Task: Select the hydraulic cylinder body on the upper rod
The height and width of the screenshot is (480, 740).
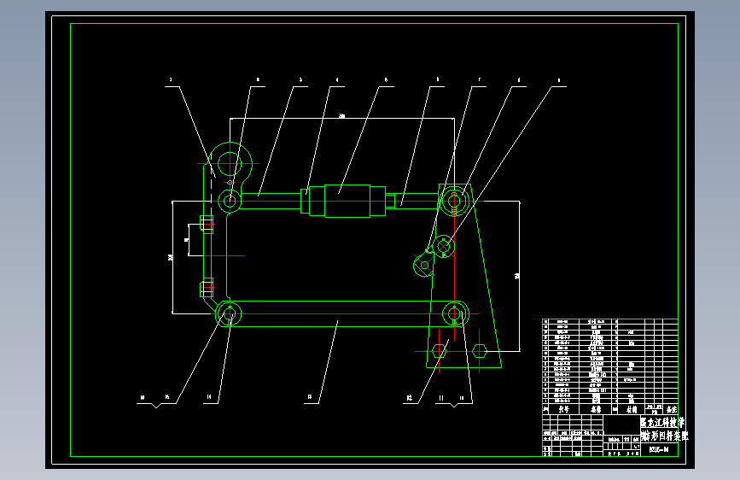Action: [341, 202]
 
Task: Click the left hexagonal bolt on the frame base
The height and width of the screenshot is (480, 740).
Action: [440, 349]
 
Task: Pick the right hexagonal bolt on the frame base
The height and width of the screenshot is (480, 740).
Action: [479, 349]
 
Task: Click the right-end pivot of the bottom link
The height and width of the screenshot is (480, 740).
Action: [455, 314]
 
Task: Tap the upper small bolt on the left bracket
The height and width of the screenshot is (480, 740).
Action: [207, 225]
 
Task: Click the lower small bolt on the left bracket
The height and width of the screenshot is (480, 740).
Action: [206, 287]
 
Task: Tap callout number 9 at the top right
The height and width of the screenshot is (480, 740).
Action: [559, 80]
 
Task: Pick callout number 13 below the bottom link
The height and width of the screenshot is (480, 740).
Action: [309, 396]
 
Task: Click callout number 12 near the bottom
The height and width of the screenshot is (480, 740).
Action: [410, 396]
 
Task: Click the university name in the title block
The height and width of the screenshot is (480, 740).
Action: [661, 423]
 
